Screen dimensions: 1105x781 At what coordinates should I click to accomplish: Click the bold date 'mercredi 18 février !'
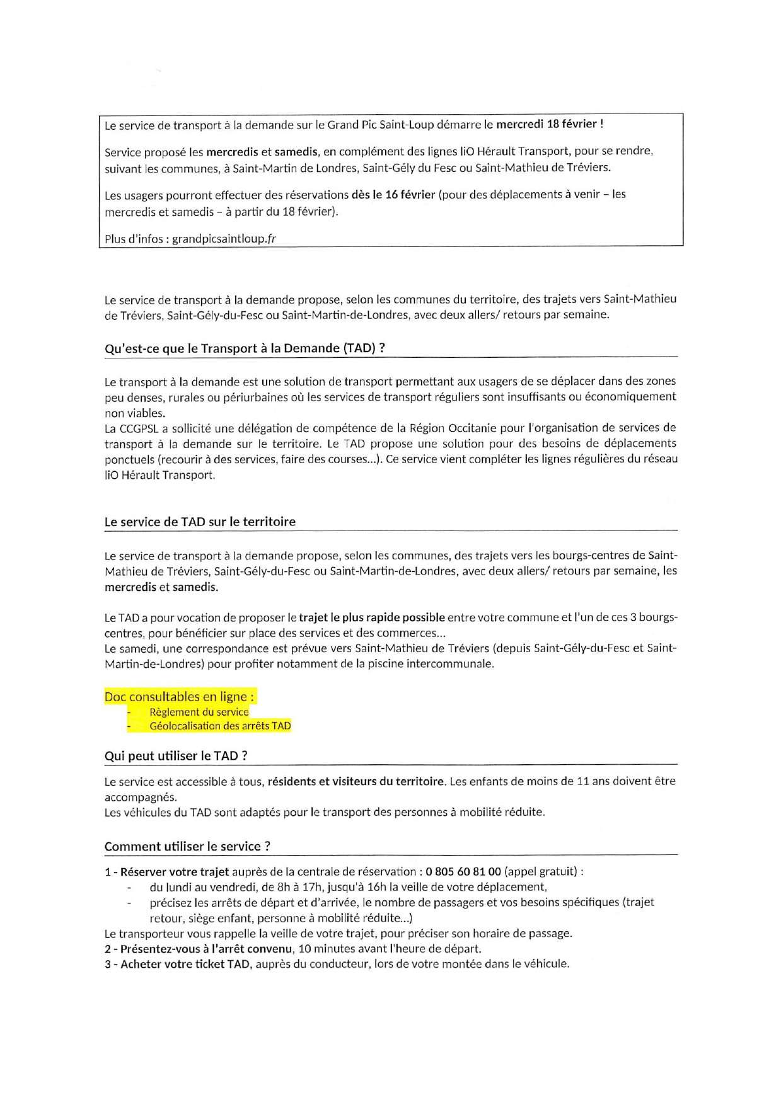[x=550, y=124]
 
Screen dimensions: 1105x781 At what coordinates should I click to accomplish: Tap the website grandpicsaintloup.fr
[x=224, y=239]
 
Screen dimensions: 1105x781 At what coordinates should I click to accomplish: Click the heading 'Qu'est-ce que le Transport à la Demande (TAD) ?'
[x=245, y=348]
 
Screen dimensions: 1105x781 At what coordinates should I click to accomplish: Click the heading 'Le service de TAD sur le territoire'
[x=200, y=522]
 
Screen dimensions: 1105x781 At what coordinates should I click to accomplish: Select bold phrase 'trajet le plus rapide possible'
[x=372, y=617]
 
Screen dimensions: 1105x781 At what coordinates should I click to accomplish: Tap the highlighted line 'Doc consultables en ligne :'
[x=180, y=697]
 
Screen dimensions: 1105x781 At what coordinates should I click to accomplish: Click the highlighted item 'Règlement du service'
[x=199, y=712]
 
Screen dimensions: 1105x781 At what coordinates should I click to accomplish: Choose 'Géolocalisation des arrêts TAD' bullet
[x=220, y=726]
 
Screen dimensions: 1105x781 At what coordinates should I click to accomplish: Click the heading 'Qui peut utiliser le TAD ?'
[x=176, y=756]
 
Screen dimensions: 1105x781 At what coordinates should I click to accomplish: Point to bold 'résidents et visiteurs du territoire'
[x=356, y=782]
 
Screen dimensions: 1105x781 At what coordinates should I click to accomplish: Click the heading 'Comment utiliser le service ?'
[x=187, y=847]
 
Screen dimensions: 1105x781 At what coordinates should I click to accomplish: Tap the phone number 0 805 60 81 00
[x=463, y=872]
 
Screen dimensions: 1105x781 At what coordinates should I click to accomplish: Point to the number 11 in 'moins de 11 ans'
[x=583, y=782]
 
